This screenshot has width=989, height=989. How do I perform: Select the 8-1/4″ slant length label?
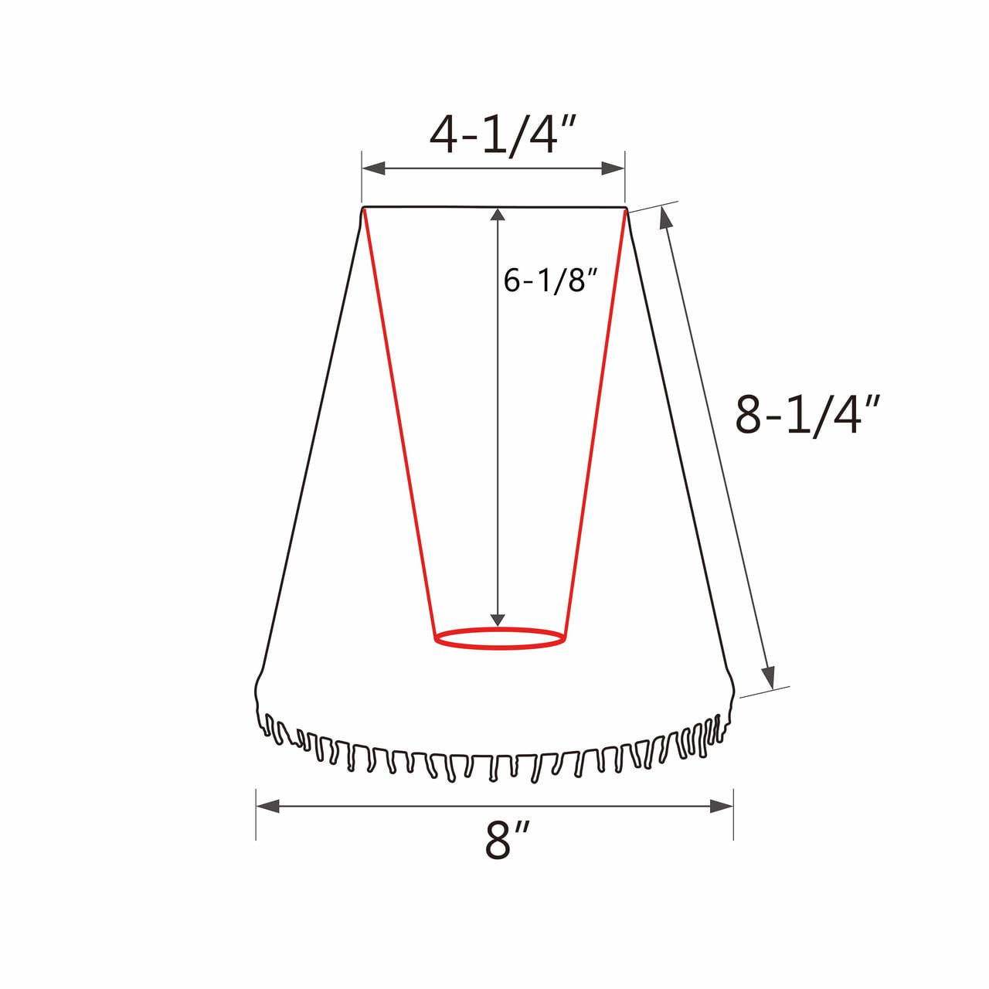pyautogui.click(x=808, y=415)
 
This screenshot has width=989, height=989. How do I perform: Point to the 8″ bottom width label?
pyautogui.click(x=506, y=851)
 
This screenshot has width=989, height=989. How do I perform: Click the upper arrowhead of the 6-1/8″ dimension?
pyautogui.click(x=498, y=215)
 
